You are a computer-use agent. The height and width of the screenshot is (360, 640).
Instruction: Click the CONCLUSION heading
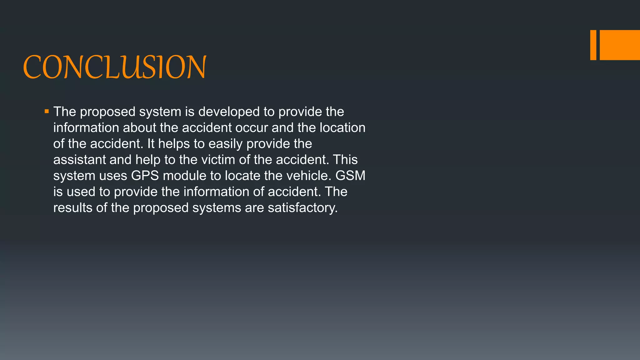115,67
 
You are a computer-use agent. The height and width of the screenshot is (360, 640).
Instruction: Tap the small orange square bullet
47,111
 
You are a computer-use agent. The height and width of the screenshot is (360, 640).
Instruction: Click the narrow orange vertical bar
593,45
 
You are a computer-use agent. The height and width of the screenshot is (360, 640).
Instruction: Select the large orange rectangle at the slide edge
620,45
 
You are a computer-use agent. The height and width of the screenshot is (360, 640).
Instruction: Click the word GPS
145,176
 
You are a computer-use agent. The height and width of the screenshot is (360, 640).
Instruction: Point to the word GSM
350,176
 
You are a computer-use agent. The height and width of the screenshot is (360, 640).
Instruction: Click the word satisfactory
302,208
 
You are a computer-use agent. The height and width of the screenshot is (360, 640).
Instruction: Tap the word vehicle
307,176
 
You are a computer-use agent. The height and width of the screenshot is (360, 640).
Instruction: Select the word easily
225,144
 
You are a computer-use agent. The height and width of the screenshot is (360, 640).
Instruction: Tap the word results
72,208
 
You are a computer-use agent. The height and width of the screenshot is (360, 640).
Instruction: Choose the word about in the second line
139,127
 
